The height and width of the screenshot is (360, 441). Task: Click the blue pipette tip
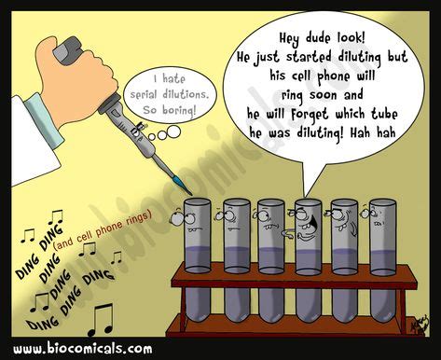click(183, 183)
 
